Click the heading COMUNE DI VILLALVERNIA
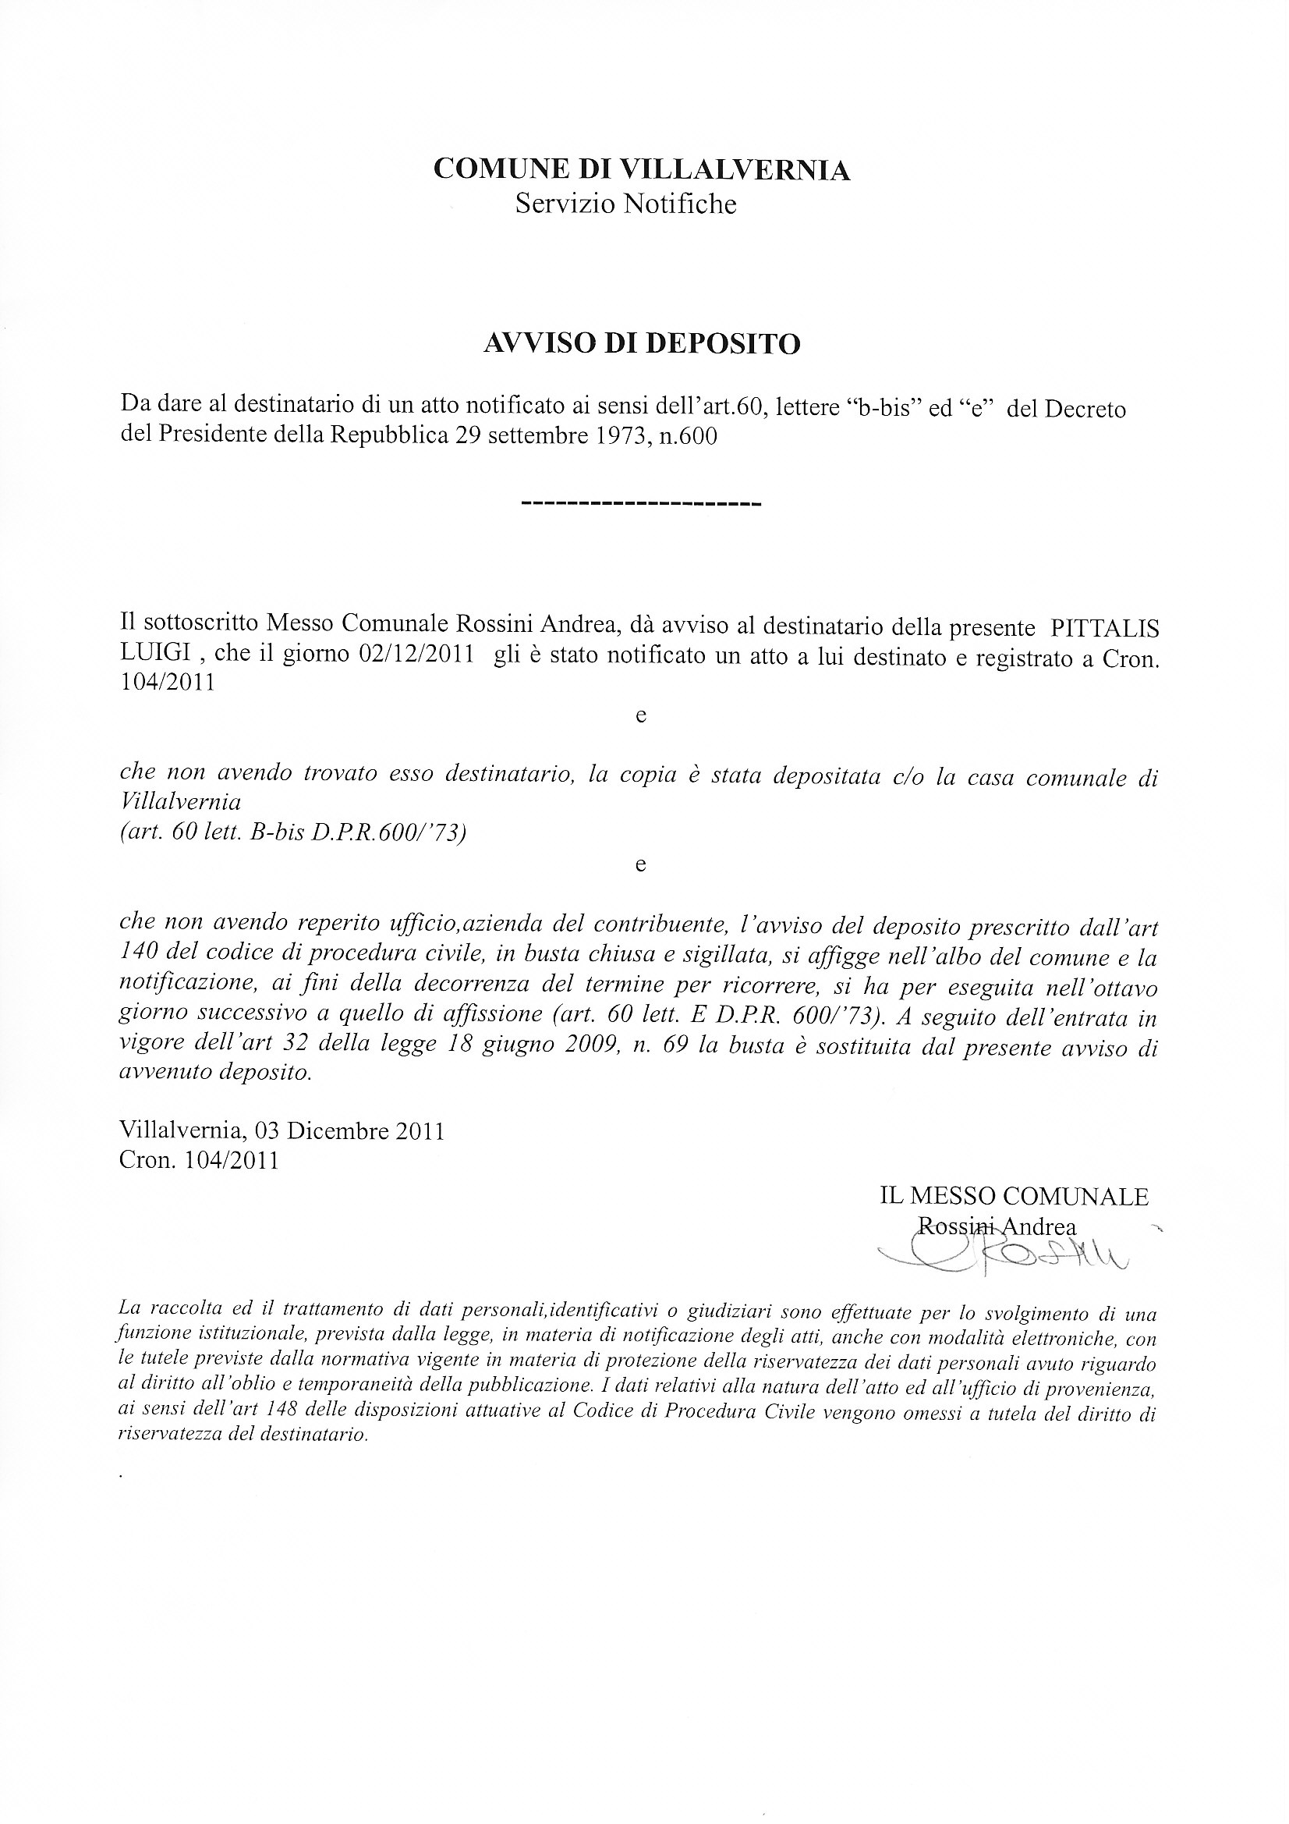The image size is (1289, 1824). (642, 170)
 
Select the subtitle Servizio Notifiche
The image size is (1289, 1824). (626, 204)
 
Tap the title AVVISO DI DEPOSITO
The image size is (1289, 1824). (642, 343)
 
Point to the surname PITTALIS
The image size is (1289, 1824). (1104, 627)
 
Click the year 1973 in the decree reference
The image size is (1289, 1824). (621, 437)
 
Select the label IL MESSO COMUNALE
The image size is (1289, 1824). (1014, 1197)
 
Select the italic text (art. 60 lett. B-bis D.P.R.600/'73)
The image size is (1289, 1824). (292, 832)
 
